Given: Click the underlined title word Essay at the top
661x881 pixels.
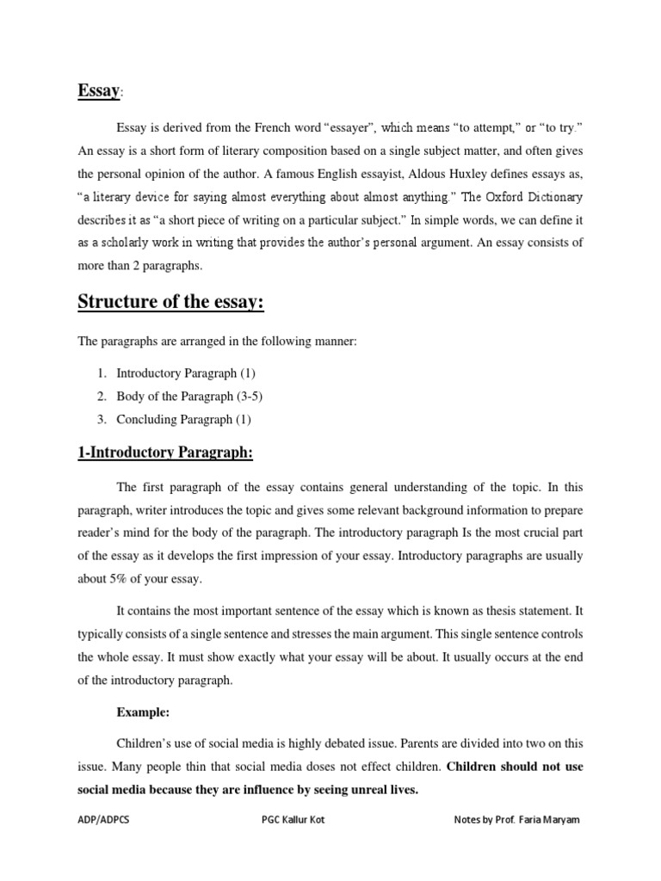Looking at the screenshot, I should pyautogui.click(x=98, y=90).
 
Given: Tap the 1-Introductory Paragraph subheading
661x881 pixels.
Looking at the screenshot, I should pyautogui.click(x=165, y=453).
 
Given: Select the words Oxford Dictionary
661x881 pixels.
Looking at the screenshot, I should pyautogui.click(x=534, y=196).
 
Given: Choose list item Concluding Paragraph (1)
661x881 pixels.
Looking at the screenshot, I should pyautogui.click(x=183, y=420).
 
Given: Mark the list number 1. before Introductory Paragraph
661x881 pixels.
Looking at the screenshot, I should pyautogui.click(x=101, y=373).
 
